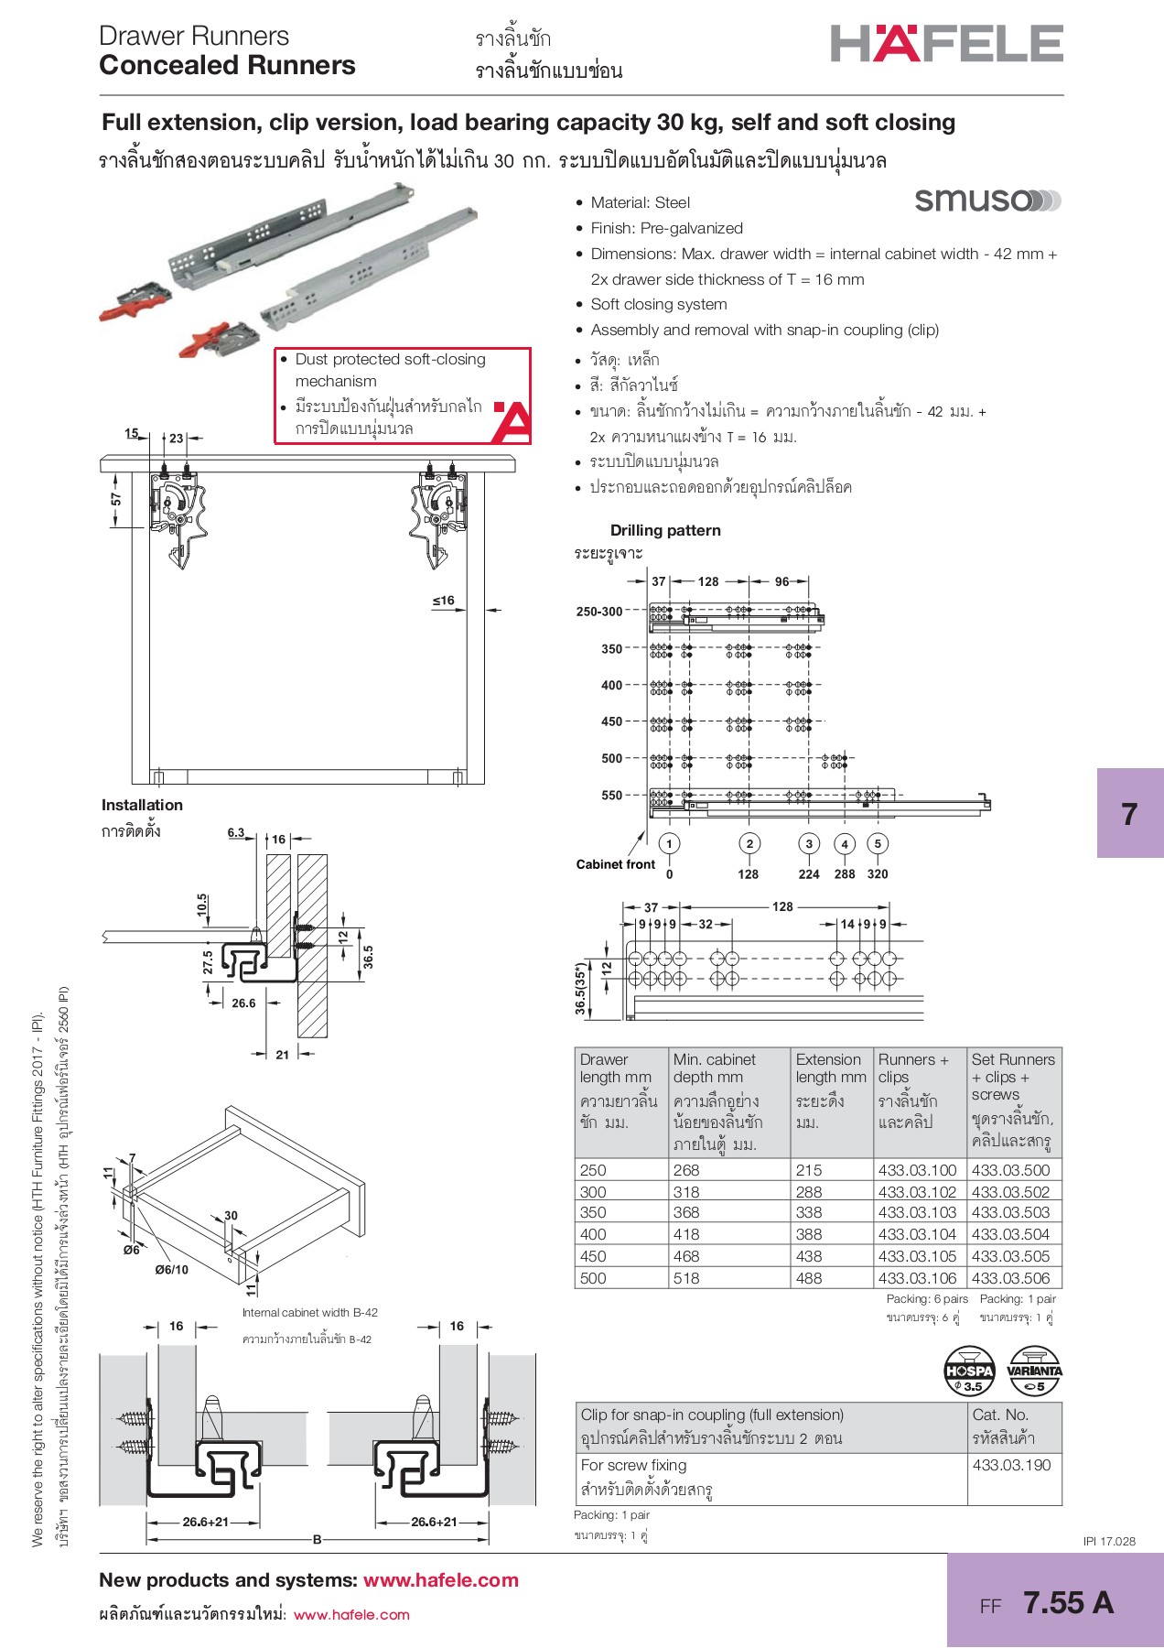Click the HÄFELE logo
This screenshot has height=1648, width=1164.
coord(946,43)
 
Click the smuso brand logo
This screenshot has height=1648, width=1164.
coord(987,200)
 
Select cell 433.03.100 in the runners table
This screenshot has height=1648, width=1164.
coord(917,1170)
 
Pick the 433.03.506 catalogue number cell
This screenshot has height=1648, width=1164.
coord(1010,1278)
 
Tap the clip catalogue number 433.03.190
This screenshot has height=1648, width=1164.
coord(1011,1465)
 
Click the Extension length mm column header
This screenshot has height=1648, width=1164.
coord(831,1068)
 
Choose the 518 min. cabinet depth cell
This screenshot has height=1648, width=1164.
coord(686,1278)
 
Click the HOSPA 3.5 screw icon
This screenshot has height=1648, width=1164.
coord(969,1371)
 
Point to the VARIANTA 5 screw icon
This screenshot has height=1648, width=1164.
coord(1034,1371)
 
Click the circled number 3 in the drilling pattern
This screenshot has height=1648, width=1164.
coord(808,844)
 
